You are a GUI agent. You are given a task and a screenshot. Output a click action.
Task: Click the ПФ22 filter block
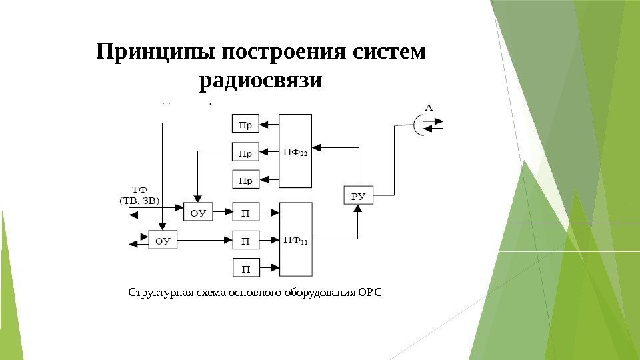pyautogui.click(x=295, y=151)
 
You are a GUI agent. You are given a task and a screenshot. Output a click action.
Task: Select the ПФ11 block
pyautogui.click(x=295, y=239)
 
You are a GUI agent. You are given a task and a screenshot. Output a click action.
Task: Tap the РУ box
pyautogui.click(x=358, y=195)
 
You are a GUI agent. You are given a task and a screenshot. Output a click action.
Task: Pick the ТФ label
pyautogui.click(x=140, y=189)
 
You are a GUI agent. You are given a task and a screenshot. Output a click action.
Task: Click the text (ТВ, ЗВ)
pyautogui.click(x=139, y=200)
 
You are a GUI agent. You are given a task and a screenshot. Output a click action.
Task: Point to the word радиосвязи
pyautogui.click(x=261, y=81)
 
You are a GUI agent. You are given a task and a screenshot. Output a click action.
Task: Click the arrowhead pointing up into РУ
pyautogui.click(x=358, y=208)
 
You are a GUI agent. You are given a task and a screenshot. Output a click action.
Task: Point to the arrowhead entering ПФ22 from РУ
pyautogui.click(x=317, y=147)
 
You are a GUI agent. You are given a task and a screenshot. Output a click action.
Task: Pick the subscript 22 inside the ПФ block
pyautogui.click(x=303, y=155)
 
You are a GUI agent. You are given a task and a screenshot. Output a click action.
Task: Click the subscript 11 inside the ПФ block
pyautogui.click(x=303, y=242)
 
